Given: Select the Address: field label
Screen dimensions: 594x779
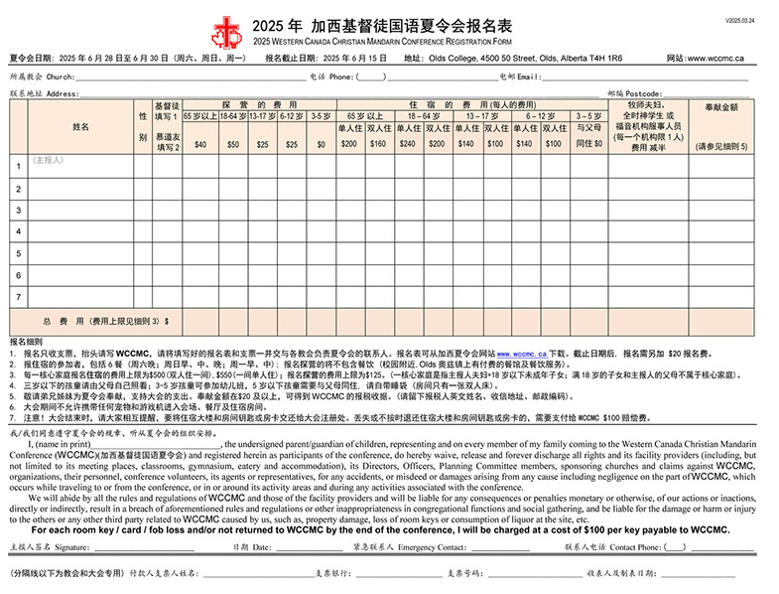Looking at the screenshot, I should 63,93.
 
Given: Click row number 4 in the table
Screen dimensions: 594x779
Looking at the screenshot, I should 18,231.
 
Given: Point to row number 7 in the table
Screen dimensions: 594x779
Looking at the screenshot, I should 18,296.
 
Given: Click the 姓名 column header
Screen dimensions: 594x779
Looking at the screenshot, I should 80,127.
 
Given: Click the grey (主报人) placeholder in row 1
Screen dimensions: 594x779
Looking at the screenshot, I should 48,160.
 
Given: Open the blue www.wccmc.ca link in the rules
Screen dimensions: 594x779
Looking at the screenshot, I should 522,353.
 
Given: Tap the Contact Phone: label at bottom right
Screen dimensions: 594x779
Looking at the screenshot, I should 634,546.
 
